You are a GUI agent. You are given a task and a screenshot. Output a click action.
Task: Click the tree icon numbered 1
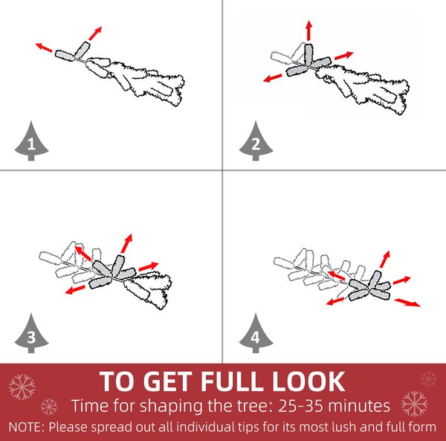point(31,141)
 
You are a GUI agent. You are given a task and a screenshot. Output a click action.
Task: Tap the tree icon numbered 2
point(256,141)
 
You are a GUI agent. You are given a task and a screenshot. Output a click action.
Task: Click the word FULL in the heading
point(231,381)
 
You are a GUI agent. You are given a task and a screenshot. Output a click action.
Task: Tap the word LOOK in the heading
point(308,381)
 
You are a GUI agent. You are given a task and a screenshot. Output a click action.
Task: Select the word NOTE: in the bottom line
point(27,428)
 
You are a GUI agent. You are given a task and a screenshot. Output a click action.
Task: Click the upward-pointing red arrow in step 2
point(309,30)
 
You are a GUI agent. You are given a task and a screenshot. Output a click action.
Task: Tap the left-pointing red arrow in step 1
point(44,48)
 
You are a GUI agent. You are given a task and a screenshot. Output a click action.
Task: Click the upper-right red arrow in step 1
point(95,33)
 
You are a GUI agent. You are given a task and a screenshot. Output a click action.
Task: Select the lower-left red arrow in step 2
point(273,78)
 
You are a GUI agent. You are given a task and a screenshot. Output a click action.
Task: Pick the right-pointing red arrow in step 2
point(344,56)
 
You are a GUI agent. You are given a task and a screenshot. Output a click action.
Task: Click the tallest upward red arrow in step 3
point(126,243)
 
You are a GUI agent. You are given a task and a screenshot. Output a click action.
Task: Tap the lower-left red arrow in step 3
point(75,289)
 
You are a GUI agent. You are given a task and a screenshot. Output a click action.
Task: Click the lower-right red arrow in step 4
point(407,302)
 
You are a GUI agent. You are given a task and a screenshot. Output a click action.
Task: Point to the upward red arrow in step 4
point(385,260)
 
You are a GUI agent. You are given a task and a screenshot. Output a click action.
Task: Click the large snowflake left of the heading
point(22,387)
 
